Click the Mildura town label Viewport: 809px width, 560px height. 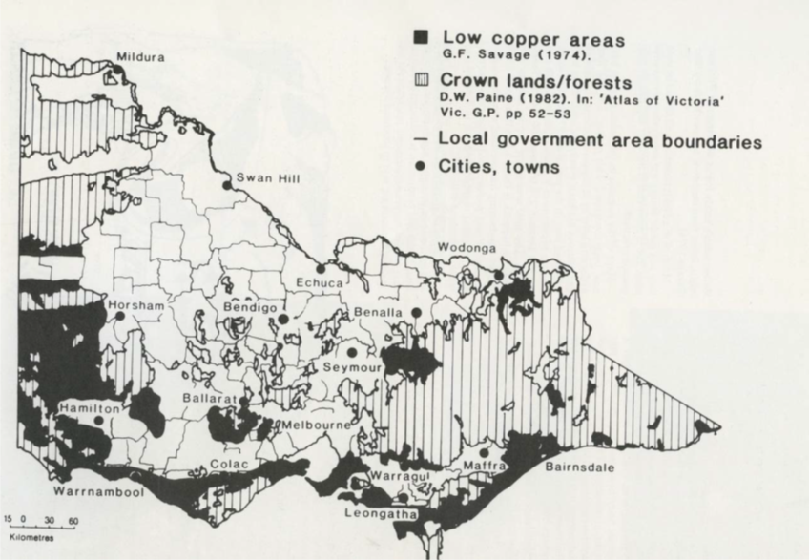(x=140, y=57)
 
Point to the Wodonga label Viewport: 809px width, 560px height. (x=467, y=248)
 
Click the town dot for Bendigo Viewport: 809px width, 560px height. (x=283, y=320)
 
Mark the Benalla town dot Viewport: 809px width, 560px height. (x=417, y=313)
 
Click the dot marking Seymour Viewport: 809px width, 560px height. (x=351, y=352)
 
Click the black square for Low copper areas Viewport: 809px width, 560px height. (x=421, y=38)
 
